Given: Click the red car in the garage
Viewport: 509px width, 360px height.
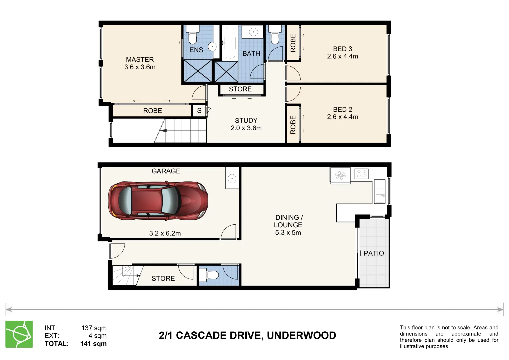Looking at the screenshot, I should pos(158,201).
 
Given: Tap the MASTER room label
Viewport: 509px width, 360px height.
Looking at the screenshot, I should pos(140,60).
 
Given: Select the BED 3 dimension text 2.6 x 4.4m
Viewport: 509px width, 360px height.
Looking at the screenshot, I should pos(342,56).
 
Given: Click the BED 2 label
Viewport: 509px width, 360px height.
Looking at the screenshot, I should pos(342,109).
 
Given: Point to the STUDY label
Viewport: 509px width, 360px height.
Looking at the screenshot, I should pos(246,120).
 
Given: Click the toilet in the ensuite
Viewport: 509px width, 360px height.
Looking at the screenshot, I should pos(193,36).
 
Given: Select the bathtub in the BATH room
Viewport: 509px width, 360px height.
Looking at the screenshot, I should pos(229,43).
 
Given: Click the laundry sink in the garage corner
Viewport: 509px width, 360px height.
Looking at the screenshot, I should pos(232,178).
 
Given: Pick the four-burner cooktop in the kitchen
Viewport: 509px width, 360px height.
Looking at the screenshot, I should pos(361,174).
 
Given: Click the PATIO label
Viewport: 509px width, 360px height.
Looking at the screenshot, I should pos(374,253).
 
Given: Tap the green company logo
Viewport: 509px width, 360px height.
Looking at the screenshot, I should pos(19,334).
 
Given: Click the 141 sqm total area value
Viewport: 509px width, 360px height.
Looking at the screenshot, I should pos(93,344).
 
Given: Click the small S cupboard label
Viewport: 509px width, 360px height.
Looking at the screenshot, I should pos(199,111).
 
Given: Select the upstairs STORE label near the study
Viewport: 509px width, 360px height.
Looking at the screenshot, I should pos(240,89).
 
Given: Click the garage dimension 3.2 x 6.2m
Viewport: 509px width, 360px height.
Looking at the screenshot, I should pos(165,233).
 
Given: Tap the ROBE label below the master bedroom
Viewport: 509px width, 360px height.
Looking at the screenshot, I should pos(152,111).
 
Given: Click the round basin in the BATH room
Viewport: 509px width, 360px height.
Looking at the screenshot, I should pos(253,32).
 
